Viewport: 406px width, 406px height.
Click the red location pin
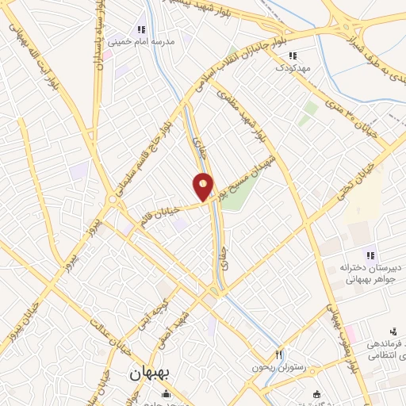[x=204, y=187]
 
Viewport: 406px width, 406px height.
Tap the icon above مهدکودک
[x=293, y=56]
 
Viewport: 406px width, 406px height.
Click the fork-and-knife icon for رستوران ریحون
[x=278, y=354]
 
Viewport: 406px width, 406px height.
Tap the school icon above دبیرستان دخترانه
[x=370, y=254]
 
